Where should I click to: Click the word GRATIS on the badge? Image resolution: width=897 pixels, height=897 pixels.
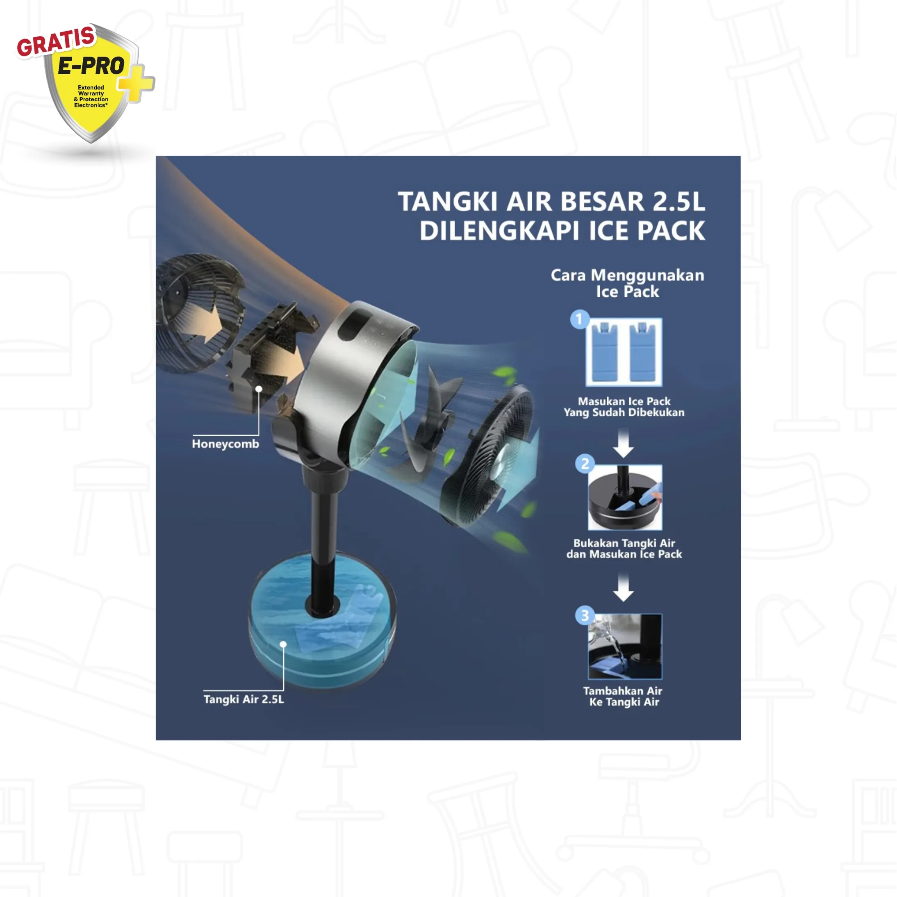pos(56,41)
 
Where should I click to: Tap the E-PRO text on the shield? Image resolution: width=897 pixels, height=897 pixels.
pos(91,66)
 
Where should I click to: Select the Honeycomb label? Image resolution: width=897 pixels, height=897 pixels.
pos(225,444)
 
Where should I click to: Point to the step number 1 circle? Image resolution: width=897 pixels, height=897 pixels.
pos(579,319)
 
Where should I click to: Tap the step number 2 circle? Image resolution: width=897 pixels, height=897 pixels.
pos(585,463)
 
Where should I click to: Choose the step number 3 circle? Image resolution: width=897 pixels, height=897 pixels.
pos(585,616)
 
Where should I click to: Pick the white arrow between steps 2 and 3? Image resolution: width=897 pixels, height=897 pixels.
pos(624,587)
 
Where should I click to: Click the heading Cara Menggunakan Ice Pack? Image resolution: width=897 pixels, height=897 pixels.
pos(628,283)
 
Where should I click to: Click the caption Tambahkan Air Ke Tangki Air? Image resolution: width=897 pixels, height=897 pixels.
pos(624,697)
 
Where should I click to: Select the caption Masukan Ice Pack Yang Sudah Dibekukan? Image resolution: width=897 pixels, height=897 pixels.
pos(624,407)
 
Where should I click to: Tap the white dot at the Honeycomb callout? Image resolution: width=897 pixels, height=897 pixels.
pos(259,389)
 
